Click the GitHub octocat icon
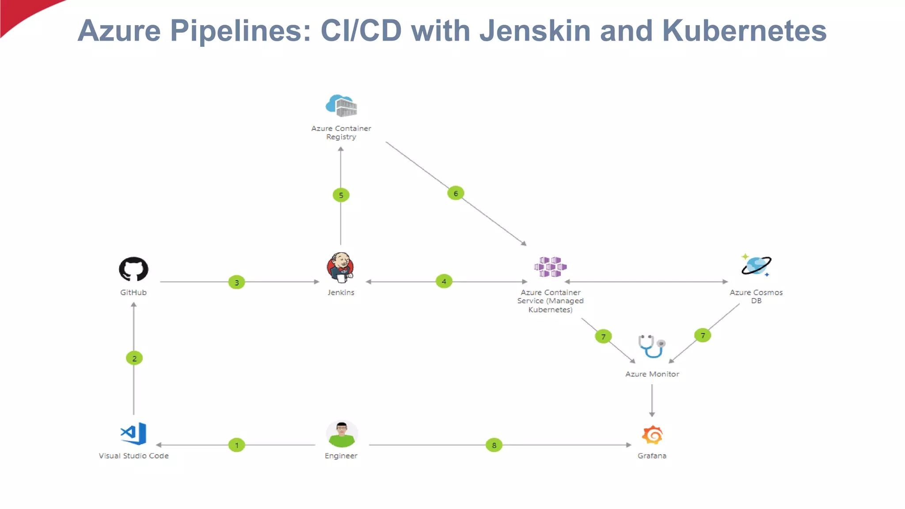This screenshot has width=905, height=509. tap(133, 269)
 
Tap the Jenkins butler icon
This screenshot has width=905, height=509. tap(340, 267)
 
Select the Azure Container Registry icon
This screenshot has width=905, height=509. tap(341, 106)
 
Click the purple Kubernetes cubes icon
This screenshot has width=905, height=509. tap(550, 267)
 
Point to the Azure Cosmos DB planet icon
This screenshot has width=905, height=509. tap(756, 266)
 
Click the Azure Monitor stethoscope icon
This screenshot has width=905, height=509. tap(651, 346)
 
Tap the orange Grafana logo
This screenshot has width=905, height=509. tap(652, 435)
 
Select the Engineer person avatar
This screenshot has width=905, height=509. tap(341, 434)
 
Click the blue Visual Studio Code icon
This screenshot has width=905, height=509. tap(133, 433)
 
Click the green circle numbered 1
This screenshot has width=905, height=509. tap(236, 445)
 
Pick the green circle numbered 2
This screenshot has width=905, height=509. tap(134, 358)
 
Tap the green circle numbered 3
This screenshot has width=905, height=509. tap(236, 282)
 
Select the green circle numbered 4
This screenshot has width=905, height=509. tap(444, 281)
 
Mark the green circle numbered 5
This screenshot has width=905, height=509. tap(341, 195)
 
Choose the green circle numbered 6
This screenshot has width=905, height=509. tap(456, 193)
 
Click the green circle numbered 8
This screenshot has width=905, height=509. tap(494, 445)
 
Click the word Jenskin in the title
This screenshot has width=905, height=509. tap(535, 30)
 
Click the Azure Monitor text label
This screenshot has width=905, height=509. tap(652, 374)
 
